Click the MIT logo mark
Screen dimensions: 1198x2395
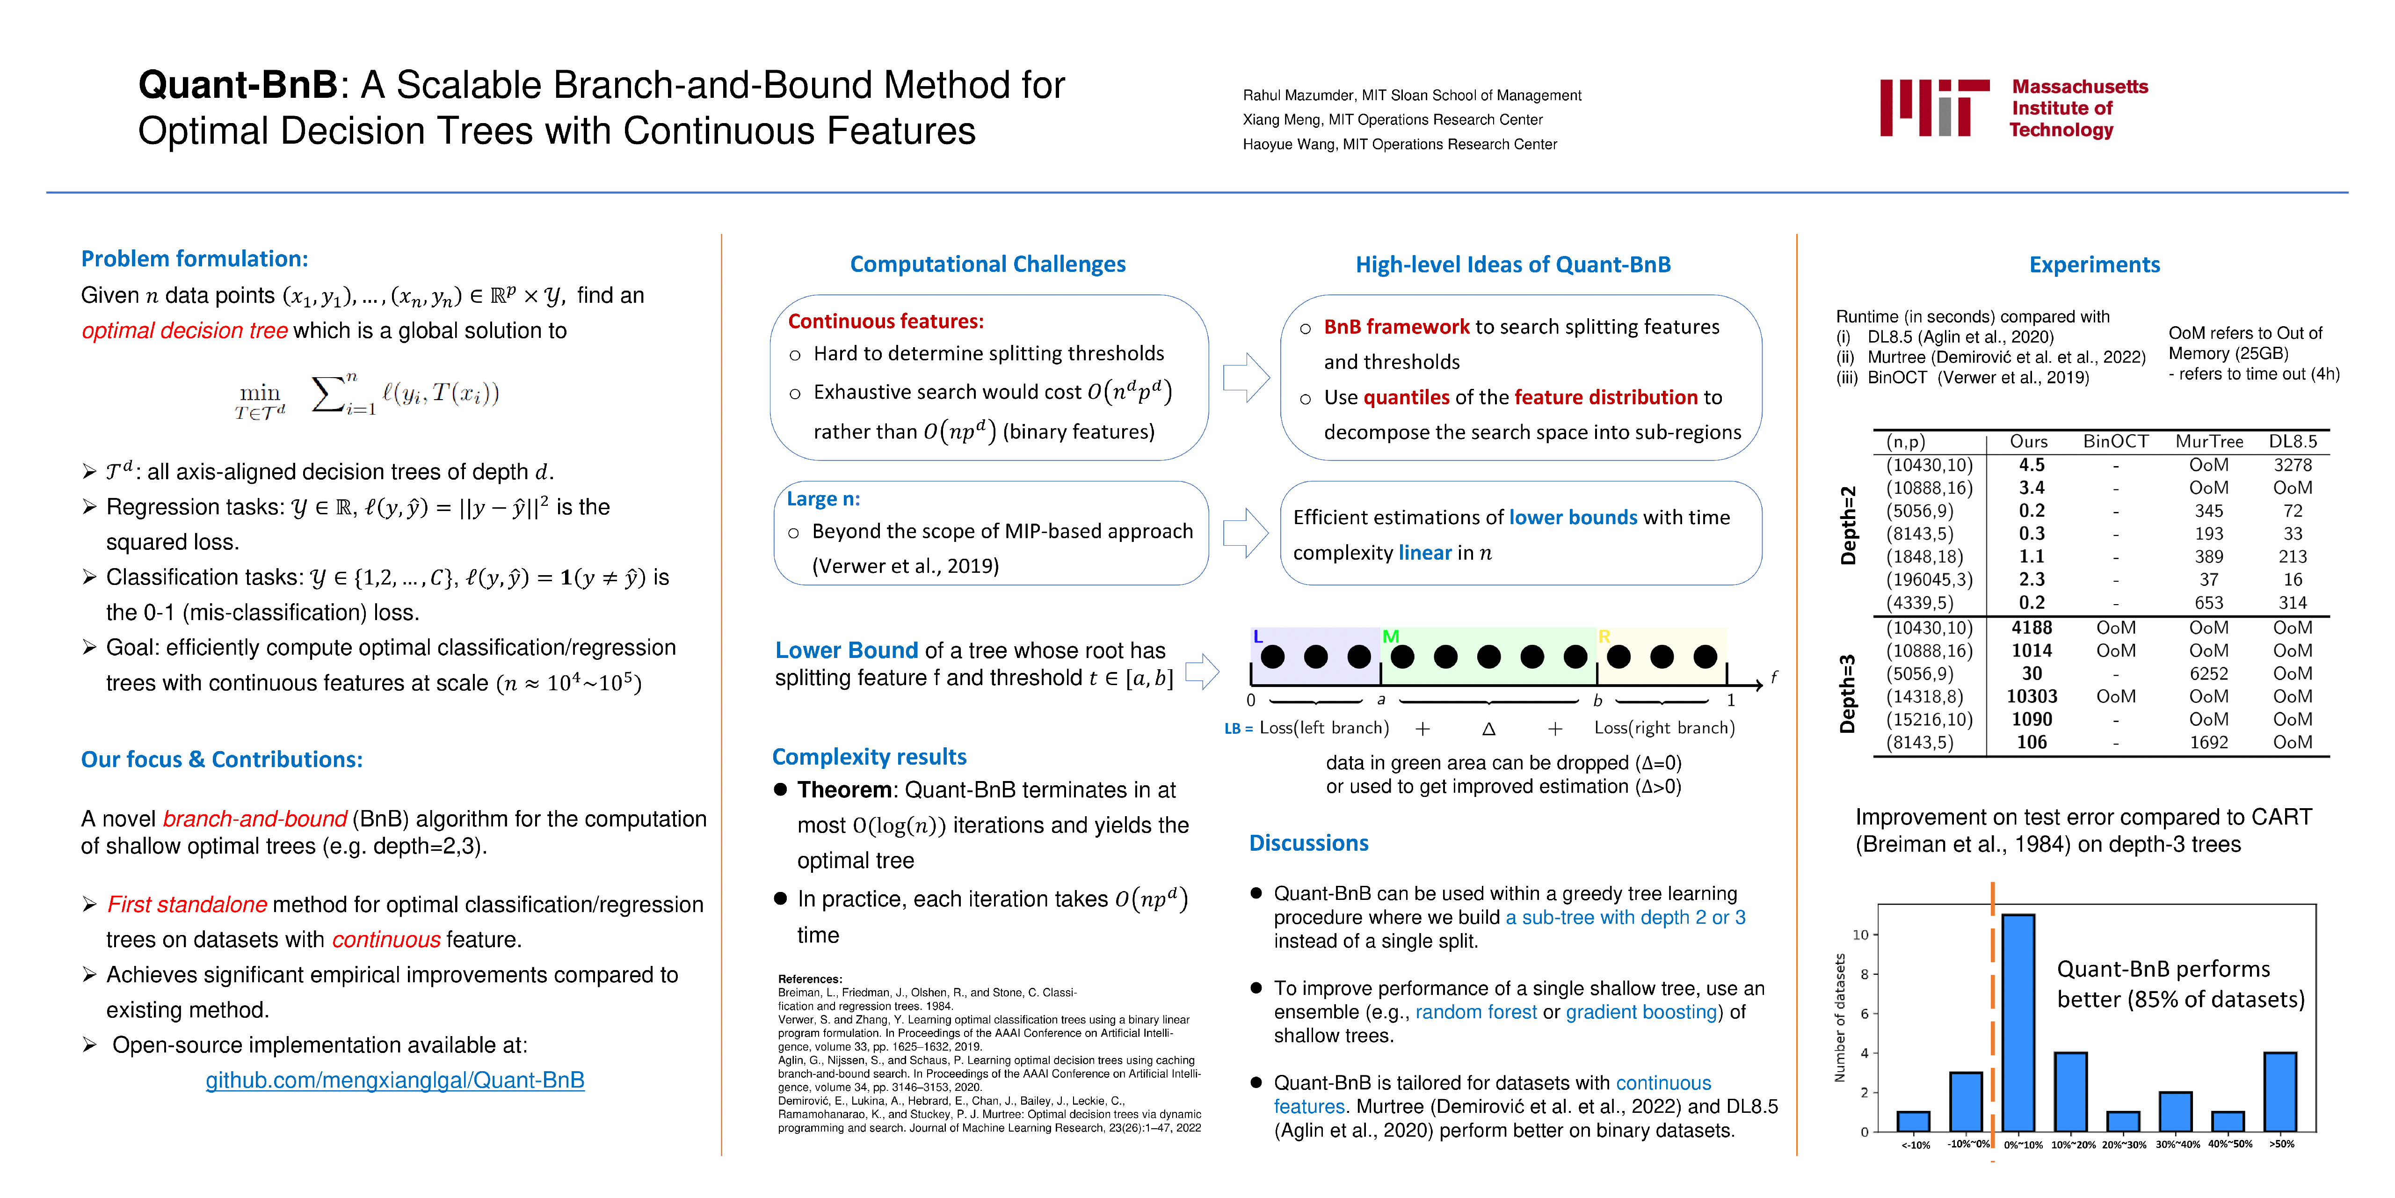click(1934, 108)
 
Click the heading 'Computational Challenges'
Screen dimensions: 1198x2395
click(987, 264)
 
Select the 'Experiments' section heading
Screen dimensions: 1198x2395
click(2094, 264)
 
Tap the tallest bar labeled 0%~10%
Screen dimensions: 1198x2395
click(2018, 1023)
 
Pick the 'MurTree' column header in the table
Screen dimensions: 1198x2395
click(2209, 441)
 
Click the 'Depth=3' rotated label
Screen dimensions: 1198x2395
click(1847, 693)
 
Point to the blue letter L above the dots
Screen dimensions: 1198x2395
click(1258, 637)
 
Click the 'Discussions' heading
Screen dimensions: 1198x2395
click(1308, 843)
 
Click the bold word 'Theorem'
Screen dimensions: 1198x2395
click(844, 789)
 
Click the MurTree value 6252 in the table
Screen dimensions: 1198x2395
click(2209, 673)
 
